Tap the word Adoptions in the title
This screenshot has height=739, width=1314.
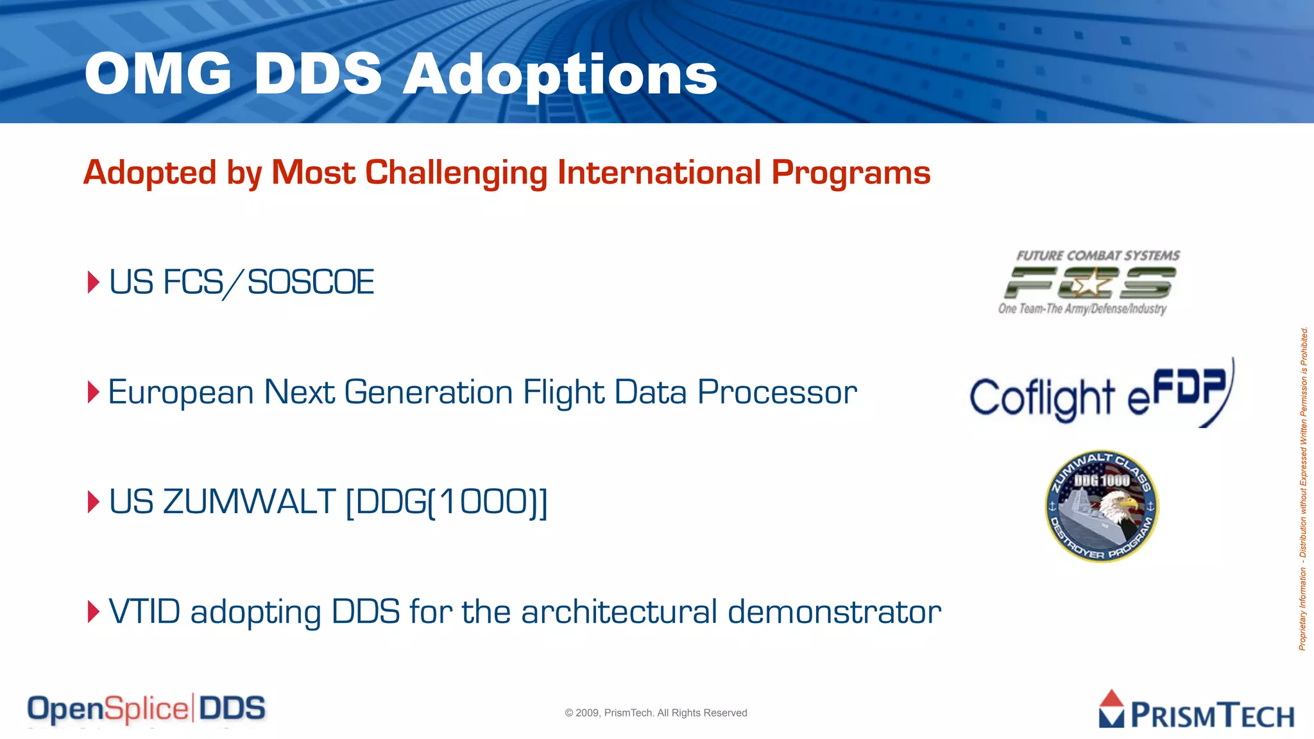pos(559,76)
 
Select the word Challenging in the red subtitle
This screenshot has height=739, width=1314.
pos(456,173)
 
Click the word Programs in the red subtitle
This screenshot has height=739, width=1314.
pos(850,173)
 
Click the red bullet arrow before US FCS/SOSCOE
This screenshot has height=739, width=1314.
pos(94,282)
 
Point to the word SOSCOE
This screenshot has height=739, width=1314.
pos(311,283)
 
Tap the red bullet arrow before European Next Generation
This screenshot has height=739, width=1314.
pos(94,392)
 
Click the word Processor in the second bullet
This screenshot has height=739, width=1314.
pos(777,393)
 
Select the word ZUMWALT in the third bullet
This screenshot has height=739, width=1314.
pos(249,502)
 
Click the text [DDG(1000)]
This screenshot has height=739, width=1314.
pos(447,502)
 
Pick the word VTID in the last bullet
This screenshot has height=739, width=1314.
pos(144,611)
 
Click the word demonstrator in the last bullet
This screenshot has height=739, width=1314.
pos(834,612)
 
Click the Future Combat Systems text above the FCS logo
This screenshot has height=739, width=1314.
pos(1098,256)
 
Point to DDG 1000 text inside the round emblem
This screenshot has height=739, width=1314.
pos(1102,480)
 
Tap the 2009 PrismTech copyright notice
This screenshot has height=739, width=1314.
pos(656,713)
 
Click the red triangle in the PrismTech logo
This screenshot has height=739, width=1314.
pos(1112,699)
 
